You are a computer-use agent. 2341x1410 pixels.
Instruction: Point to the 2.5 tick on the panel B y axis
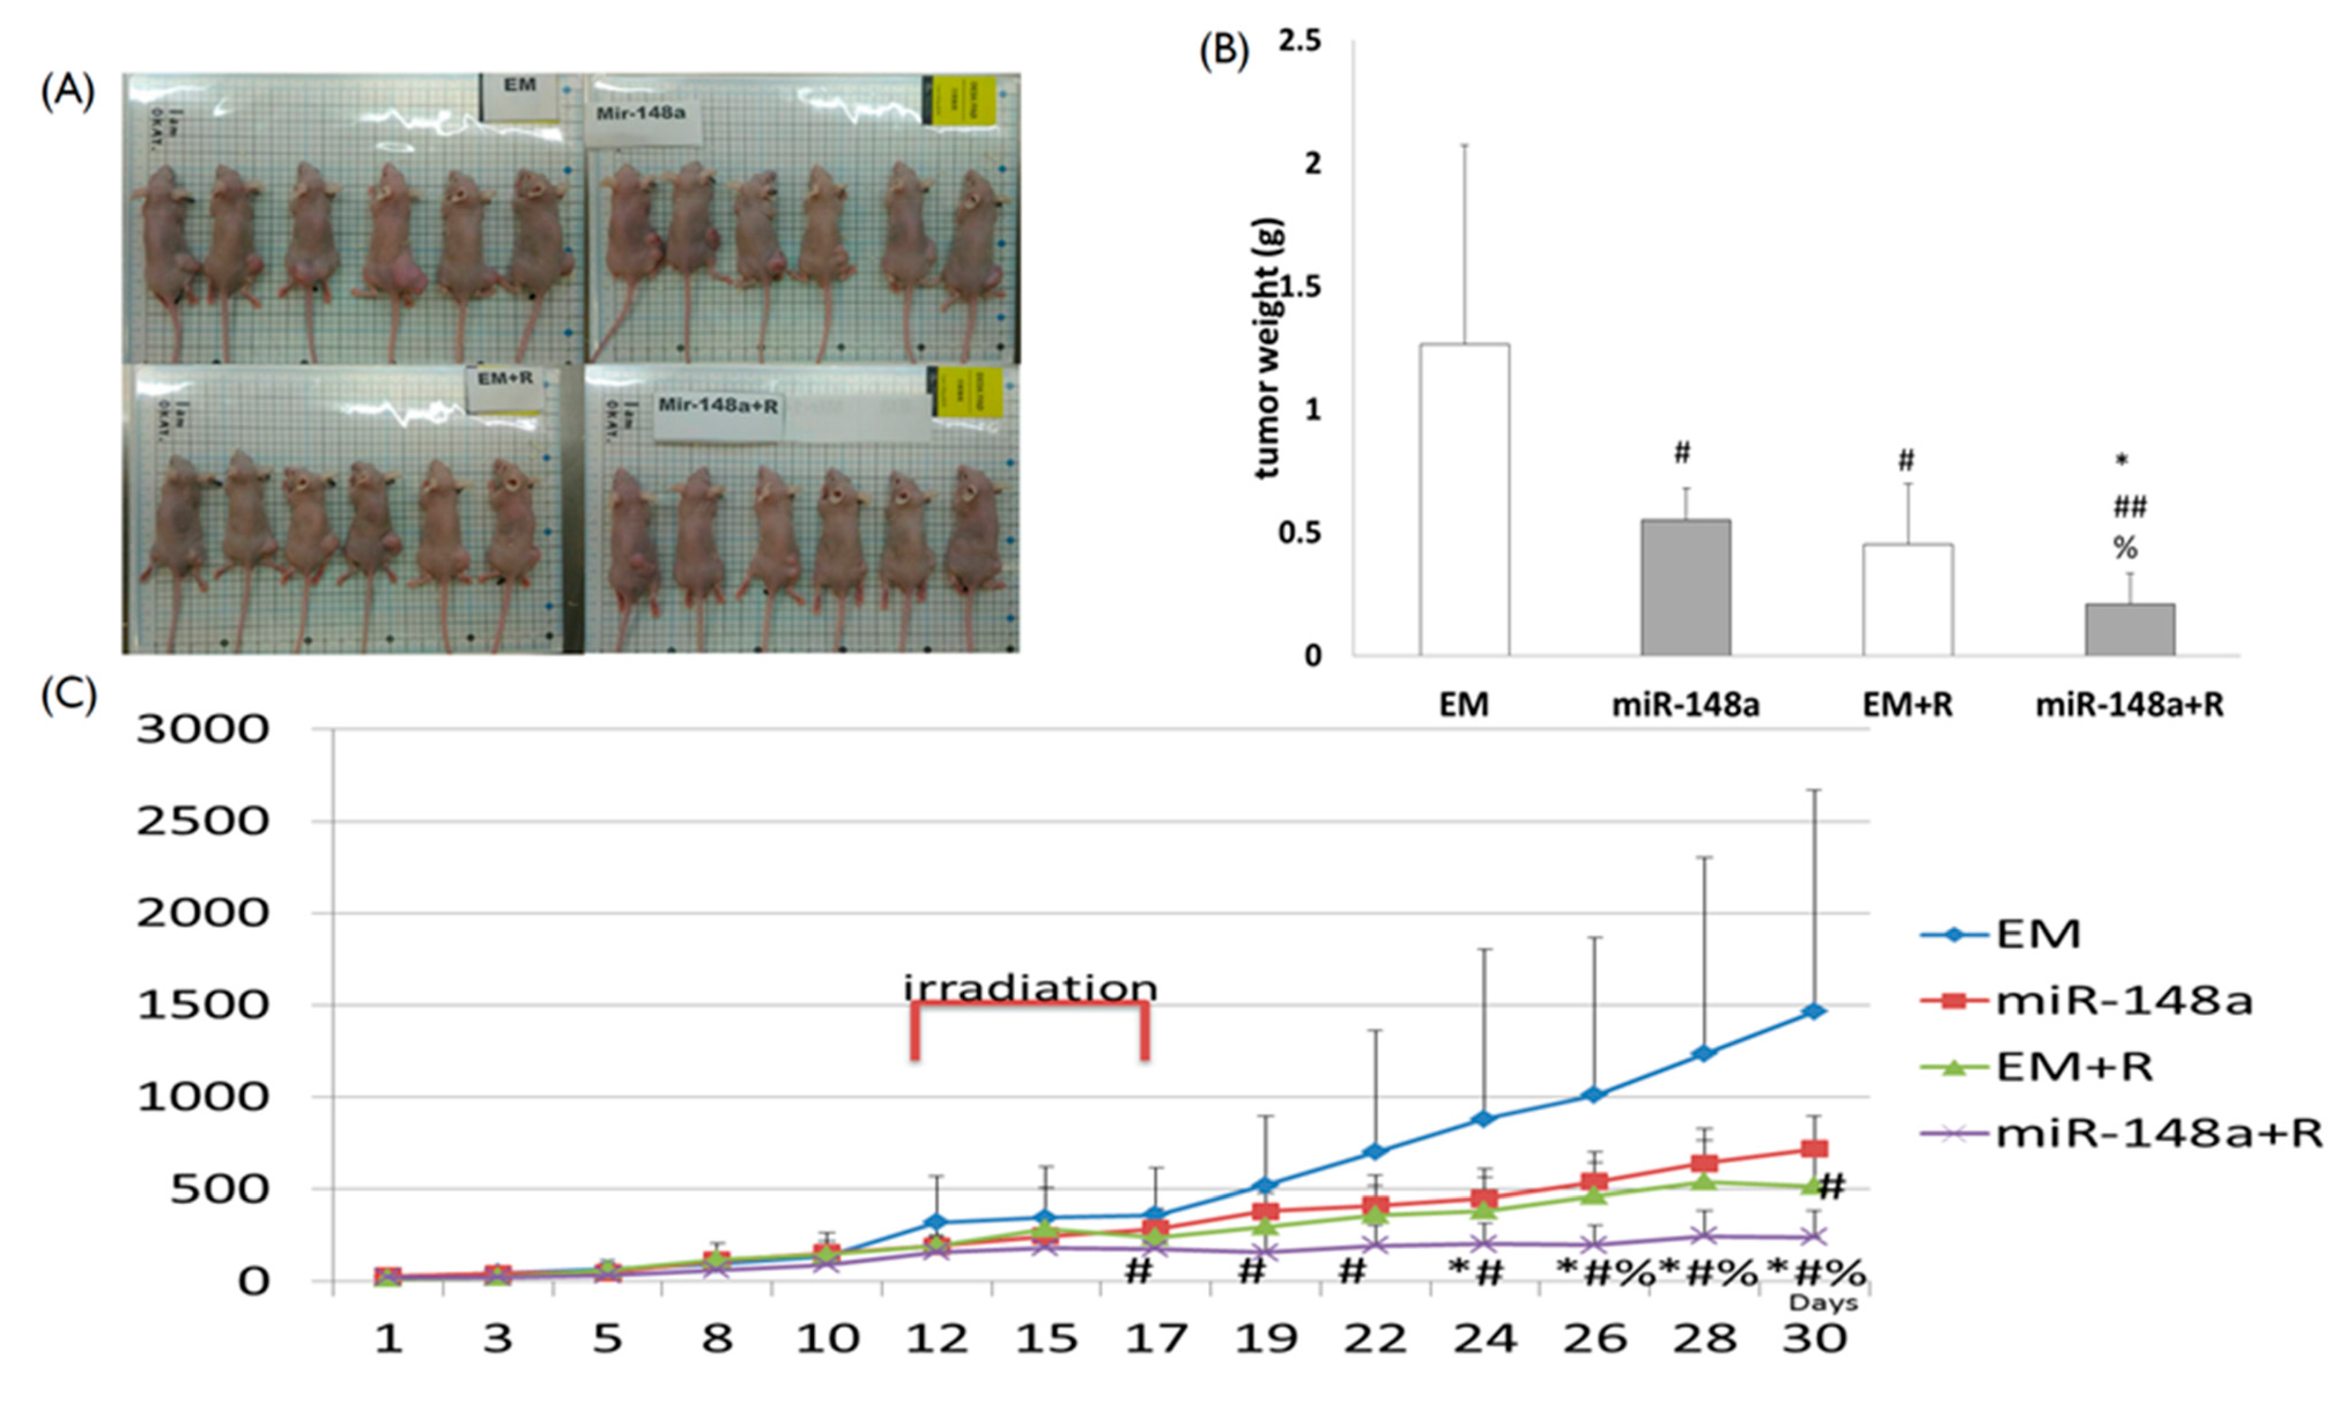(1300, 42)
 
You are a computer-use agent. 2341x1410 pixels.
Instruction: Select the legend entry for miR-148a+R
(2157, 1134)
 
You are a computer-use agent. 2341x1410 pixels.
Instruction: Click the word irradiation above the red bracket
(1030, 988)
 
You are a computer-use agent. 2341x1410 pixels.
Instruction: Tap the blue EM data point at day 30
(1814, 1011)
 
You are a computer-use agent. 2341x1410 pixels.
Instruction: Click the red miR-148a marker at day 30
(1814, 1149)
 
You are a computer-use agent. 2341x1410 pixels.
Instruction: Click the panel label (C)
(68, 696)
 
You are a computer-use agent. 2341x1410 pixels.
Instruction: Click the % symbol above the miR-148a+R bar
(2125, 548)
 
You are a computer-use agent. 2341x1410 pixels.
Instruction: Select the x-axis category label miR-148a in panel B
(1686, 705)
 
